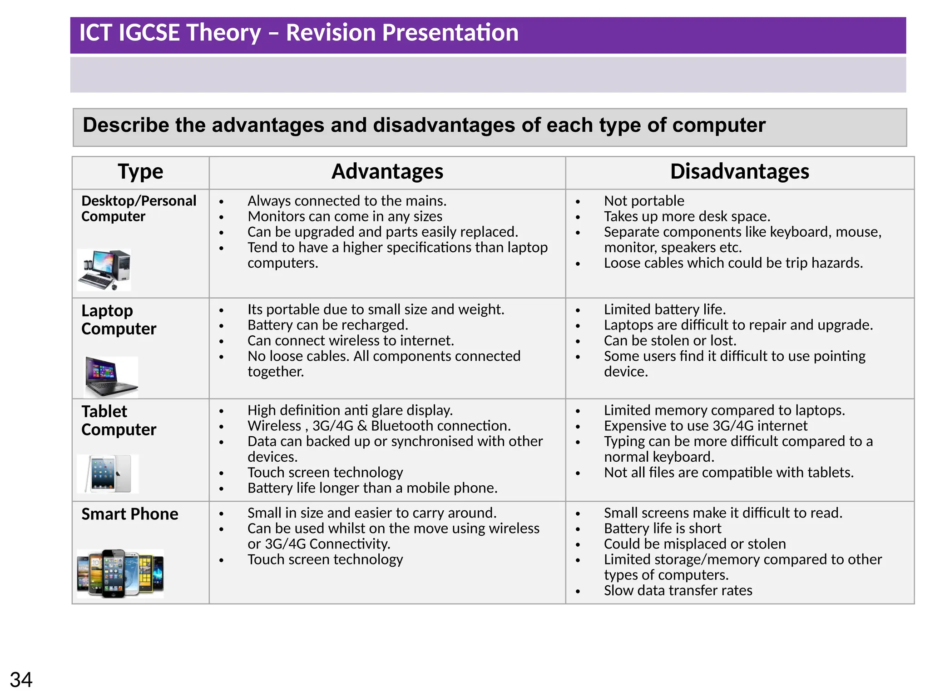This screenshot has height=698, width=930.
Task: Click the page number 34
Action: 21,680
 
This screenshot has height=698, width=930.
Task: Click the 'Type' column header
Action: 140,172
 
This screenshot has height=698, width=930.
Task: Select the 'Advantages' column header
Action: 387,172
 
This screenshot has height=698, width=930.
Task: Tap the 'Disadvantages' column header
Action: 739,172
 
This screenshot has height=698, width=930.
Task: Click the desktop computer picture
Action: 104,270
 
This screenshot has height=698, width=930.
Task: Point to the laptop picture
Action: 111,377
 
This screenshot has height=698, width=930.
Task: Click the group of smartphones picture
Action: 120,573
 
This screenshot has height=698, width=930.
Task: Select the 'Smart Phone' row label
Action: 130,514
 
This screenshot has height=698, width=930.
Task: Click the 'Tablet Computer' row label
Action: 119,420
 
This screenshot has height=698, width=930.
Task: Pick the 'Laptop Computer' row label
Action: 119,319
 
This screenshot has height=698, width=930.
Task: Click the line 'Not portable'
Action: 643,201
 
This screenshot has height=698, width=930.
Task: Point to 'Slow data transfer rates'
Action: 678,590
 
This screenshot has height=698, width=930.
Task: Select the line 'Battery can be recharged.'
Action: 327,325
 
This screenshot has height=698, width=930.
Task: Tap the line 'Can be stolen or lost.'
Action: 670,340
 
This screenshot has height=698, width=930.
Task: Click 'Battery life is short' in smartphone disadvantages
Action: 662,528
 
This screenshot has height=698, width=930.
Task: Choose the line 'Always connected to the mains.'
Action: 347,201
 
